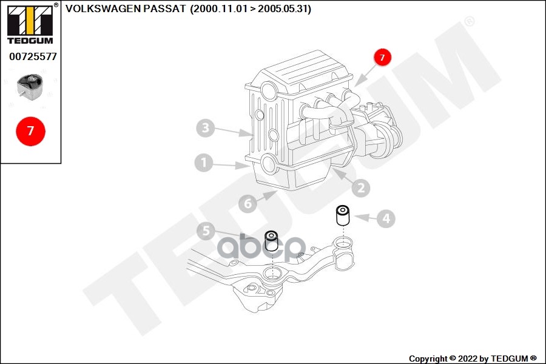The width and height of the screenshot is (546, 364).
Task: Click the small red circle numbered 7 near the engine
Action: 382,58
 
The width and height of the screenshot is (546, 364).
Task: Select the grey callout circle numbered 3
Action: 206,128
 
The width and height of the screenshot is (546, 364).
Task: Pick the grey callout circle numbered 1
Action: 204,163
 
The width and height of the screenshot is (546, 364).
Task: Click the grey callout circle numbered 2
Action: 360,189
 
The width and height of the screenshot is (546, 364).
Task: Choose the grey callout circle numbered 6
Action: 248,204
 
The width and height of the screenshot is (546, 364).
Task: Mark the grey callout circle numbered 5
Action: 206,231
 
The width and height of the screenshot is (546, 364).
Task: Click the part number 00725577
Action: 33,56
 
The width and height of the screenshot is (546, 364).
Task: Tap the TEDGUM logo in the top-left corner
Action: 30,24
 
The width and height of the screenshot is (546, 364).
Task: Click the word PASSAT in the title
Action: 169,9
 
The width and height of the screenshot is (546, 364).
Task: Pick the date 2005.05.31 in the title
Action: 283,9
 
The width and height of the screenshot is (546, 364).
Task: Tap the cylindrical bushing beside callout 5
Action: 271,241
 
